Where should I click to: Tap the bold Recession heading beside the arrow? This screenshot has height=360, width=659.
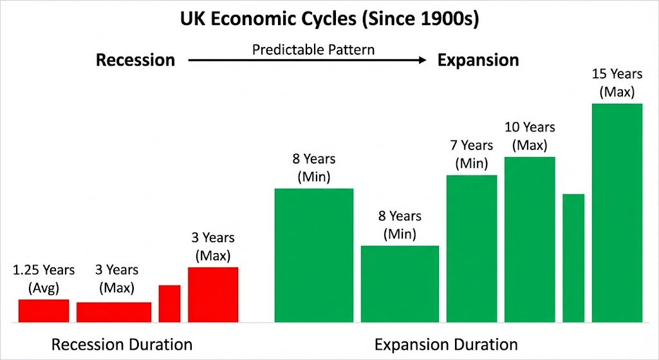pos(135,60)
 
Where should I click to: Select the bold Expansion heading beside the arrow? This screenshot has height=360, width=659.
pos(478,60)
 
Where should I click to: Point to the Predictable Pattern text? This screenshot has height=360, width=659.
pos(313,50)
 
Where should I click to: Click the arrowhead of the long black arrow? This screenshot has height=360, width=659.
pos(423,60)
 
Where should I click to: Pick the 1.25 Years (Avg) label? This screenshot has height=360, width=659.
pos(44,278)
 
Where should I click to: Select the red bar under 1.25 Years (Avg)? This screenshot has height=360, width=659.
pos(44,311)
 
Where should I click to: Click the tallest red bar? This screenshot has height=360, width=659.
pos(213,295)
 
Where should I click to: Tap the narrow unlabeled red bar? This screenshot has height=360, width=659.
pos(169,303)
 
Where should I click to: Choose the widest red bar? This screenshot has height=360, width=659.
pos(114,312)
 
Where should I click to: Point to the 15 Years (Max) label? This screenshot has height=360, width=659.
pos(617,83)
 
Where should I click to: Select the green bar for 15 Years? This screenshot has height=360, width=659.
pos(617,213)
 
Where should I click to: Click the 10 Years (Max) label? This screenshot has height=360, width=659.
pos(530,136)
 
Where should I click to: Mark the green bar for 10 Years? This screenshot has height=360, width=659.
pos(530,240)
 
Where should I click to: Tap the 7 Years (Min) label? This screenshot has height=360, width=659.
pos(472,154)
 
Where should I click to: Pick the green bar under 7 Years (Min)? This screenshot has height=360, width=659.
pos(472,249)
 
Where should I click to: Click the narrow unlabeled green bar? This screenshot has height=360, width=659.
pos(573,258)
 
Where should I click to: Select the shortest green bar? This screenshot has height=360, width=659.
pos(400,284)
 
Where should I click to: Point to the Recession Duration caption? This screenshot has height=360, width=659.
pos(122,345)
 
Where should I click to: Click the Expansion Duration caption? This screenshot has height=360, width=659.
pos(446,345)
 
